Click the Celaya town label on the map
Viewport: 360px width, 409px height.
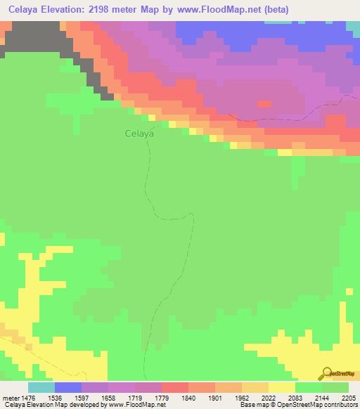pos(139,132)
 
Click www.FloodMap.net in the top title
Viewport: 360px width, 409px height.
pos(217,11)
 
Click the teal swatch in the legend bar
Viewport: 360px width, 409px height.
pos(41,387)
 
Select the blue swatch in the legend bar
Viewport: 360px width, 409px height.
pos(67,387)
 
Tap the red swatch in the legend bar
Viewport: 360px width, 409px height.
pos(174,387)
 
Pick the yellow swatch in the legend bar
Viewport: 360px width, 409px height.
pos(281,387)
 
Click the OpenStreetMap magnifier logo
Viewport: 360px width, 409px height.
pos(326,373)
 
